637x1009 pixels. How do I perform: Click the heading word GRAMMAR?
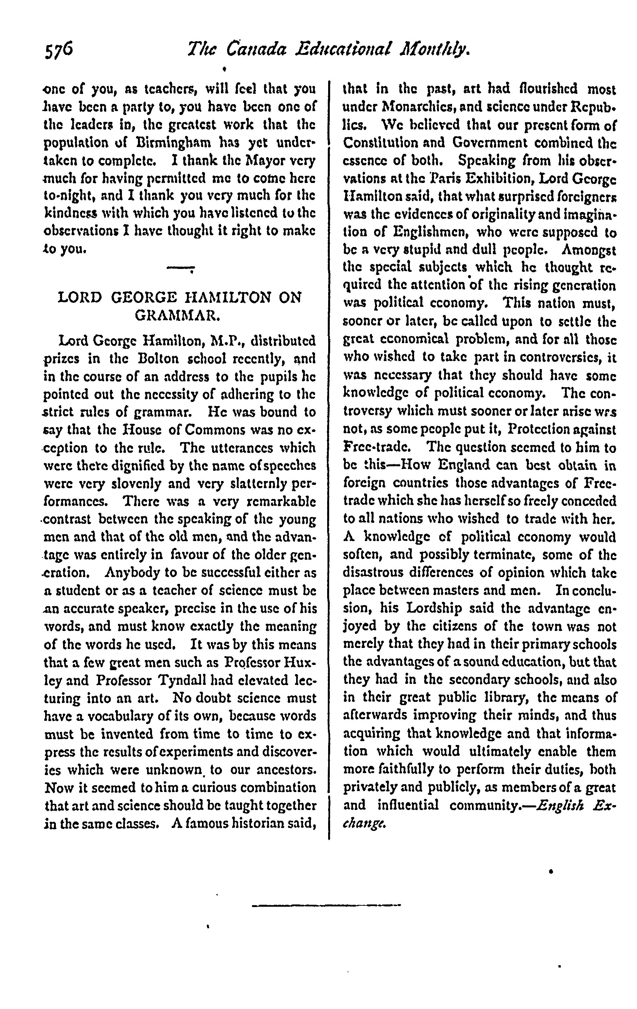coord(178,315)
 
